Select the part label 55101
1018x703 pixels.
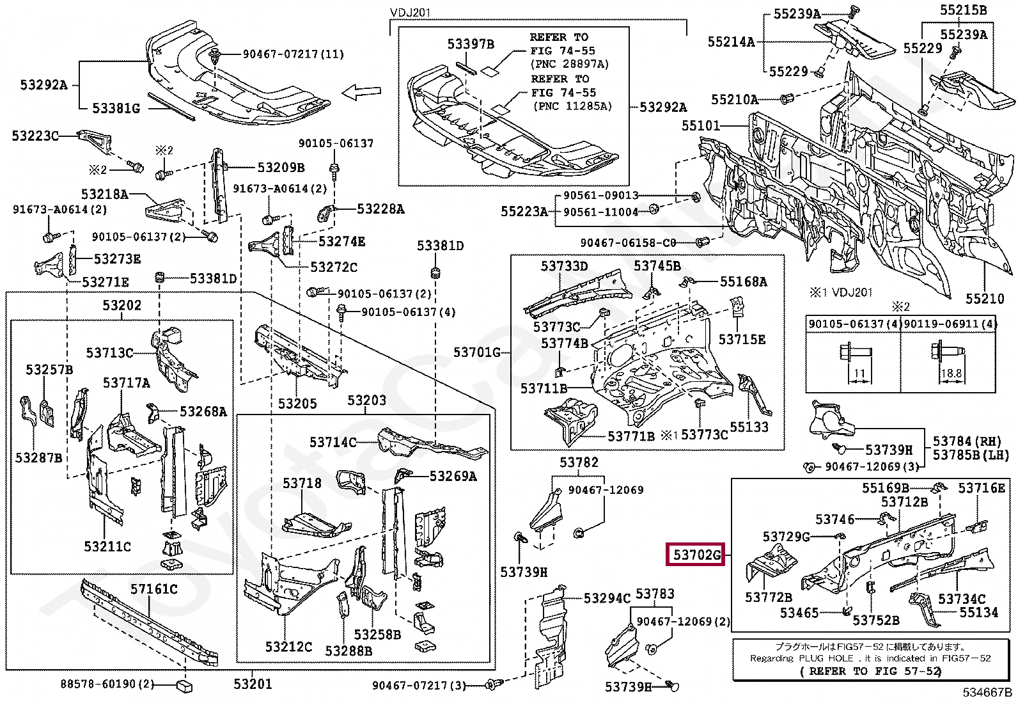(x=701, y=126)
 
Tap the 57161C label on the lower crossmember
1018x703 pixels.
(x=154, y=589)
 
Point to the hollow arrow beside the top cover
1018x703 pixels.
(x=361, y=93)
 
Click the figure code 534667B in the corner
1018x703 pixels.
(x=988, y=692)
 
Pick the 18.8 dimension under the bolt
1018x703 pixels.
(x=951, y=374)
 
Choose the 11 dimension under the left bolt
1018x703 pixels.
(x=859, y=374)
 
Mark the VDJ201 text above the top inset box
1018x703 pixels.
(x=410, y=13)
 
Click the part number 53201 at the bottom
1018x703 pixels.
(x=253, y=684)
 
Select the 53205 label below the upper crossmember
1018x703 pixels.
(x=297, y=404)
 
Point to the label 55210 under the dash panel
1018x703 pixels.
(x=985, y=299)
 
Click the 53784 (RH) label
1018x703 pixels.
(x=970, y=441)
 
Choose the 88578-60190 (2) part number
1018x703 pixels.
(x=107, y=684)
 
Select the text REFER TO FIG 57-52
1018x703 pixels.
(x=870, y=671)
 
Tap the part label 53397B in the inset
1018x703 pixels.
(x=471, y=44)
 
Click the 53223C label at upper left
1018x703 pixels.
(x=35, y=136)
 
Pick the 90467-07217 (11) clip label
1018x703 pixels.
(x=294, y=54)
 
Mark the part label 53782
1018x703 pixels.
(x=579, y=462)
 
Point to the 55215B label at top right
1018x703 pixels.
(x=963, y=10)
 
